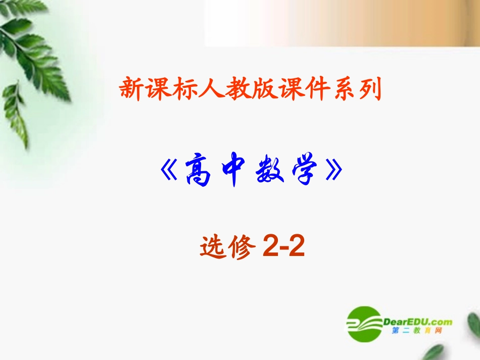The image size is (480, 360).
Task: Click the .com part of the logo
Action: [442, 322]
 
